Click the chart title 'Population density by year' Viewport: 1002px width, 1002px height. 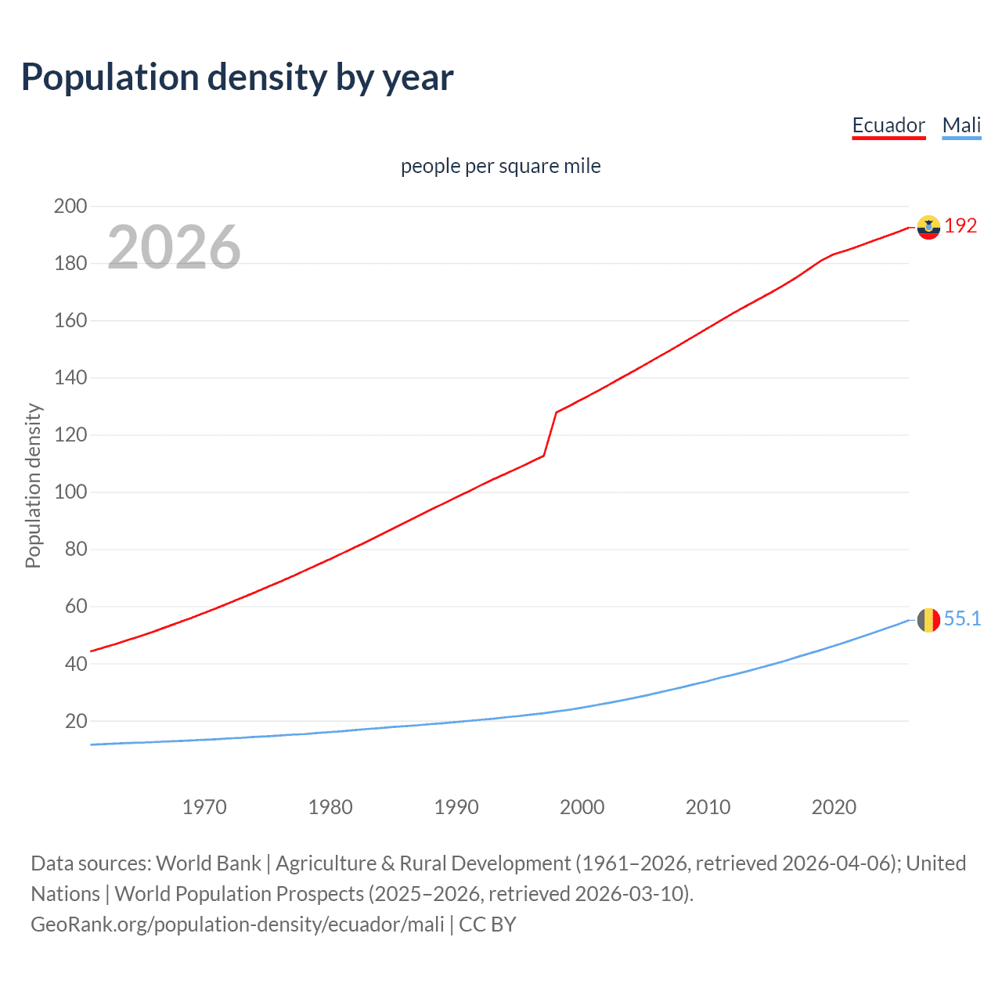pos(237,77)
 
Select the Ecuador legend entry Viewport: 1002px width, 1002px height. pos(888,125)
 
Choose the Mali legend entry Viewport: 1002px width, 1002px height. pos(961,125)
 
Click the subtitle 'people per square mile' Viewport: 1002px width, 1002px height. pos(500,166)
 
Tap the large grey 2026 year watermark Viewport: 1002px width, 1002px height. pos(174,247)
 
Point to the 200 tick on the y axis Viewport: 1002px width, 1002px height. pos(70,207)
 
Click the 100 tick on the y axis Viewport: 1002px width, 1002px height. pos(70,492)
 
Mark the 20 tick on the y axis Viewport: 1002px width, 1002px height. pos(76,721)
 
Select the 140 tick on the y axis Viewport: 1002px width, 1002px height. pos(70,378)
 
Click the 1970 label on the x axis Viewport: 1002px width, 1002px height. pos(204,807)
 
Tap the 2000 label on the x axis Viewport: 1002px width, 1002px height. pos(582,807)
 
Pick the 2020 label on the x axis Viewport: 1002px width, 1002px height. pos(834,807)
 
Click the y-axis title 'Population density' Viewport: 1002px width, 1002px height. pos(33,485)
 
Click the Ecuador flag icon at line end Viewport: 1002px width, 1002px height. pos(928,227)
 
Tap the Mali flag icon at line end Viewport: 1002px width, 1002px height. pos(928,620)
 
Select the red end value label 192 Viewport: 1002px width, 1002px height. pos(961,226)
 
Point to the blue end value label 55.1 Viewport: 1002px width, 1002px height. pos(962,619)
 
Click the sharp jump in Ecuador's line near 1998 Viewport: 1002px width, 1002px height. pos(550,434)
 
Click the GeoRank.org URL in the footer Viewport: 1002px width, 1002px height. pos(237,925)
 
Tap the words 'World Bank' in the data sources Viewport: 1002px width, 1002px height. pos(208,863)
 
